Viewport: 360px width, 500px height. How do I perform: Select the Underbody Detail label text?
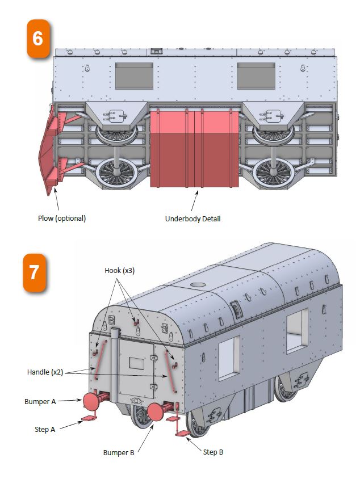point(192,219)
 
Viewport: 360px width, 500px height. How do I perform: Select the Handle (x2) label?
point(45,372)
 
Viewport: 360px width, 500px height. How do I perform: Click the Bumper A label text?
point(40,401)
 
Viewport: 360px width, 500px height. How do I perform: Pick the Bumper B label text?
point(119,452)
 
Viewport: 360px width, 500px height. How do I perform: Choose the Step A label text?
point(45,430)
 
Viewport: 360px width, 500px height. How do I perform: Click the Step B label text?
point(214,452)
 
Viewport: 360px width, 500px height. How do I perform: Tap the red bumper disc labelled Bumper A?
point(91,401)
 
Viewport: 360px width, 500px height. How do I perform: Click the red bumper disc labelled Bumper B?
point(156,412)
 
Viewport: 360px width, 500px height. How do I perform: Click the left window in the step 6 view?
point(135,76)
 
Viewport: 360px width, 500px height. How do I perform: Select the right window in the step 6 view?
point(256,76)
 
